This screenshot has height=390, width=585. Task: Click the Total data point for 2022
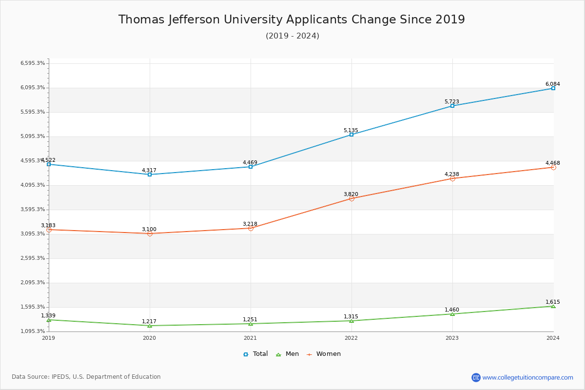tap(351, 135)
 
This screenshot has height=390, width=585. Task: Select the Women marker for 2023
tap(452, 178)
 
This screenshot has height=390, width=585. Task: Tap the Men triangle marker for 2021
tap(251, 324)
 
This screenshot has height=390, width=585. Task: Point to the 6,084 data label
tap(553, 84)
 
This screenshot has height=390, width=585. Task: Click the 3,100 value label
tap(149, 229)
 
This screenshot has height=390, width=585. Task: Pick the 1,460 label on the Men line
tap(452, 310)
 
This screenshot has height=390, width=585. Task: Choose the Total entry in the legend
tap(256, 354)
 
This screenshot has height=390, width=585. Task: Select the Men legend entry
tap(288, 354)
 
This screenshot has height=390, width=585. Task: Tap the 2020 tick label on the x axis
tap(150, 337)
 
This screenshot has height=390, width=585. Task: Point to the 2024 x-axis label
tap(553, 337)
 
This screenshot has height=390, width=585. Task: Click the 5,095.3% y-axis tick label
tap(33, 136)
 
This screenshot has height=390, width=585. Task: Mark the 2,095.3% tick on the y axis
tap(33, 283)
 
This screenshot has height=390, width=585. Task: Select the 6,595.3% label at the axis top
tap(33, 63)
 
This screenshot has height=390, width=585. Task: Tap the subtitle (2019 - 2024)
tap(292, 36)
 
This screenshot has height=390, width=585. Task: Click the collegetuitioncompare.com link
tap(527, 377)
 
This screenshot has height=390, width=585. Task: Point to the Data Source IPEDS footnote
tap(86, 377)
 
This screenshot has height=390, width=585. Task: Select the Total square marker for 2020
tap(150, 175)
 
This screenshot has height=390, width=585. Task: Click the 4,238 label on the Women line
tap(452, 174)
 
